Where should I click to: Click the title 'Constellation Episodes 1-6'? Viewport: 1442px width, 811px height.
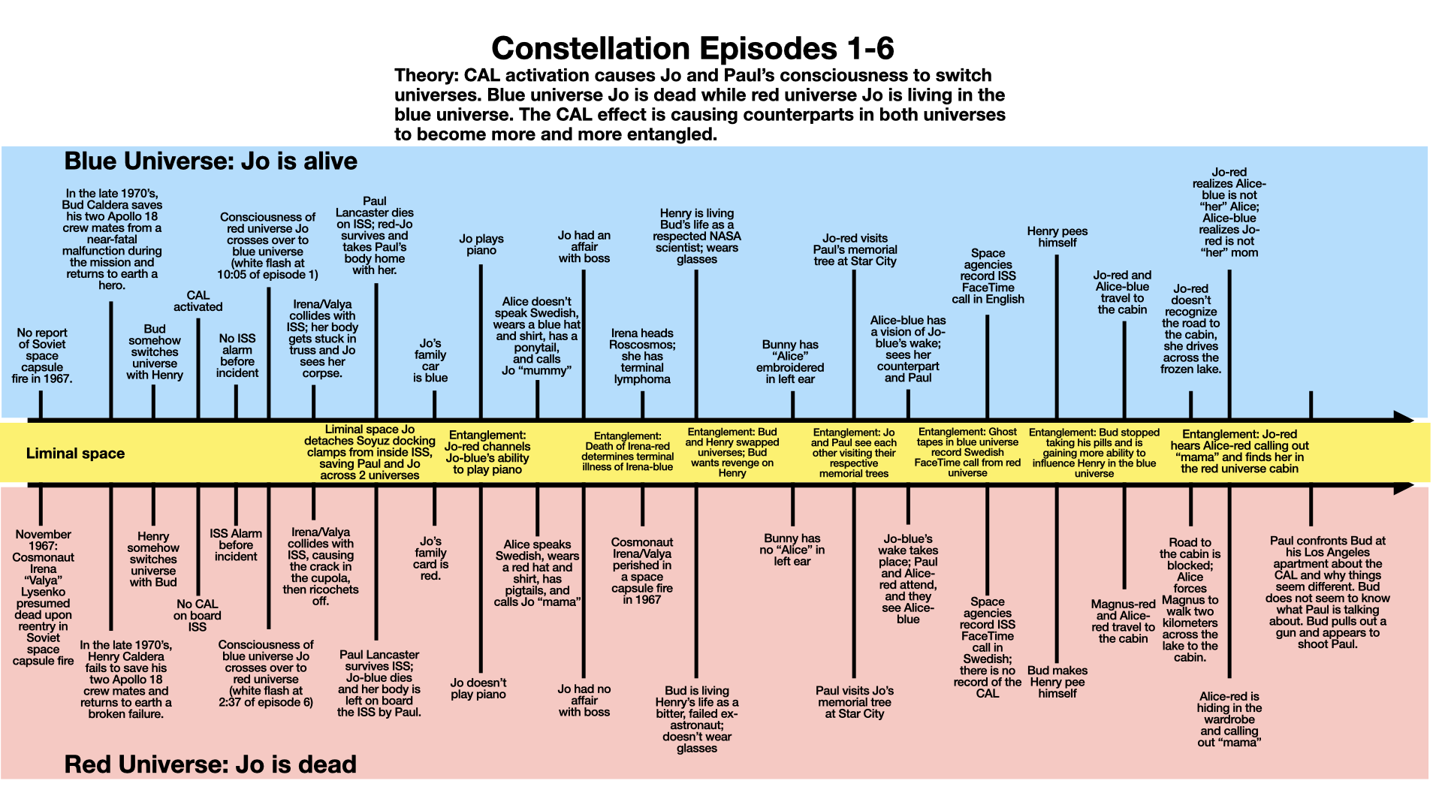point(692,49)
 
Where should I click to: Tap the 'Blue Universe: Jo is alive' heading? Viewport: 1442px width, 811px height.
point(210,161)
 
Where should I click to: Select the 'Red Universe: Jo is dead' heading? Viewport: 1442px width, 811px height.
point(210,764)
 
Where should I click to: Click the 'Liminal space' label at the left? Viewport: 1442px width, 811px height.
point(75,454)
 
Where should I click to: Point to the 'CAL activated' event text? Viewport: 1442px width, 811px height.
point(198,301)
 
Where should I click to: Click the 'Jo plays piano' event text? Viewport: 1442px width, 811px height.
point(481,245)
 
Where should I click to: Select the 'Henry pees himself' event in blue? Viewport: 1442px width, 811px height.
point(1057,237)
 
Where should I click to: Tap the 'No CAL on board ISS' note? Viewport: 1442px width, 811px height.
point(198,615)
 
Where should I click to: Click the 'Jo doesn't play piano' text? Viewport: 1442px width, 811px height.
point(478,689)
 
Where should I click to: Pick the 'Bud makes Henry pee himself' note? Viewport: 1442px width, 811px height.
point(1057,682)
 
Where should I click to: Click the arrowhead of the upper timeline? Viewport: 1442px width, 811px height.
point(1403,418)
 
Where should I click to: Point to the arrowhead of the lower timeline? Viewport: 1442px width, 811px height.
point(1403,487)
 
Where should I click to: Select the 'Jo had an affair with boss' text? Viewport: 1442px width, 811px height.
point(584,247)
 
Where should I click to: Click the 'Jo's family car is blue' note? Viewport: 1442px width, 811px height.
point(430,360)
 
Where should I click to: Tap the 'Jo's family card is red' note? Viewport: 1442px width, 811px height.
point(430,559)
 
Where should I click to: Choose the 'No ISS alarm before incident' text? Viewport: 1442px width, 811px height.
point(237,356)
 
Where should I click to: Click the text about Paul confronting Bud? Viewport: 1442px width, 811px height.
point(1327,592)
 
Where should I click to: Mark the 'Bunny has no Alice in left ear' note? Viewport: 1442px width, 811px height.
point(792,550)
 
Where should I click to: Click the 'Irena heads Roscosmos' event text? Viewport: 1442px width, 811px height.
point(642,356)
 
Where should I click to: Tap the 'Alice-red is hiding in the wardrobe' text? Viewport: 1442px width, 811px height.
point(1229,719)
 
